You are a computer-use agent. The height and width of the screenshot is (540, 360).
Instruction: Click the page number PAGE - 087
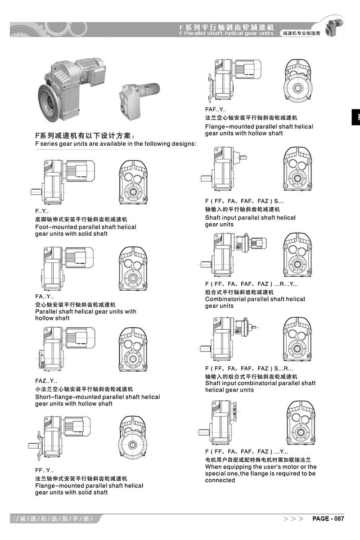click(328, 518)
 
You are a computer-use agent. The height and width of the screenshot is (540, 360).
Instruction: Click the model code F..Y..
click(41, 211)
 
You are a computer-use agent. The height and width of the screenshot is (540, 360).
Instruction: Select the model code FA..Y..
click(44, 297)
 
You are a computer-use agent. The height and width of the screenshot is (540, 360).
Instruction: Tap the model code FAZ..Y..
click(46, 381)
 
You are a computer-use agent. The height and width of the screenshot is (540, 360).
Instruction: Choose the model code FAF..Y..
click(216, 110)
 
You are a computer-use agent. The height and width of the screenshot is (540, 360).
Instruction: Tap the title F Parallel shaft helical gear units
click(226, 33)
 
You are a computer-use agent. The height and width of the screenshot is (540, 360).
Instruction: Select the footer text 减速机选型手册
click(55, 519)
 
